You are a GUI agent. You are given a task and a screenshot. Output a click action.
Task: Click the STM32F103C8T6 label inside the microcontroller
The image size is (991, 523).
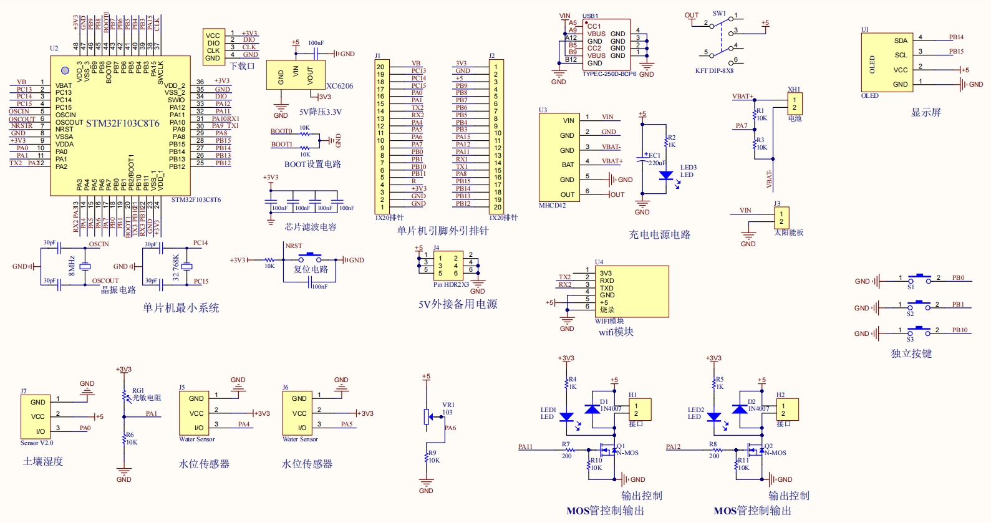click(122, 123)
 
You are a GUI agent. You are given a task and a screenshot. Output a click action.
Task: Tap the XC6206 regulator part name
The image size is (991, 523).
click(339, 86)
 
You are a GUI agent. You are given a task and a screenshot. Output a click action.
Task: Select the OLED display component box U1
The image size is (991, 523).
click(887, 62)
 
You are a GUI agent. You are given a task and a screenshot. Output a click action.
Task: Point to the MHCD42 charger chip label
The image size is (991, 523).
click(553, 206)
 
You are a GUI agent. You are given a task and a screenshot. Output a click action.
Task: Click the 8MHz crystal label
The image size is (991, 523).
click(72, 266)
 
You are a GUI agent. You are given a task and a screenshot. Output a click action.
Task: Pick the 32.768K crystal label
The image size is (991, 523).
click(176, 267)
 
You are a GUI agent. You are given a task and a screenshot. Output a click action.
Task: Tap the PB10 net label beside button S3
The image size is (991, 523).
click(960, 330)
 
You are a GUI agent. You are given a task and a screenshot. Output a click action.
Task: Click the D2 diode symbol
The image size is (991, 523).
click(740, 409)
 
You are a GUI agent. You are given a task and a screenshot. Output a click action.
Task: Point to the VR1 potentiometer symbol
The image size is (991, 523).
click(427, 416)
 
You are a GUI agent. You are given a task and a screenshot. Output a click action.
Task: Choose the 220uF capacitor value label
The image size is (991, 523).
click(657, 163)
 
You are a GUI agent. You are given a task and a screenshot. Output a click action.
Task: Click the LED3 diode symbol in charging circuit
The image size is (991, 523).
click(666, 175)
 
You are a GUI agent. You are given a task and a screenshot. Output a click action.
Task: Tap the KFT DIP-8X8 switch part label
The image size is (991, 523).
click(714, 71)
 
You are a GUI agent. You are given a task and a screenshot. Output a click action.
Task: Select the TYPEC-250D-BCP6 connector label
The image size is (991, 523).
click(609, 74)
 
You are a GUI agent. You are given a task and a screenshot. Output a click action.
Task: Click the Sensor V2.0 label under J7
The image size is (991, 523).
click(37, 443)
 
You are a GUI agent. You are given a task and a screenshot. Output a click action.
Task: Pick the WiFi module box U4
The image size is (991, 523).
click(631, 292)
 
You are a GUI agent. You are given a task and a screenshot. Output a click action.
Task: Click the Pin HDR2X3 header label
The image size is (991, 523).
click(451, 285)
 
